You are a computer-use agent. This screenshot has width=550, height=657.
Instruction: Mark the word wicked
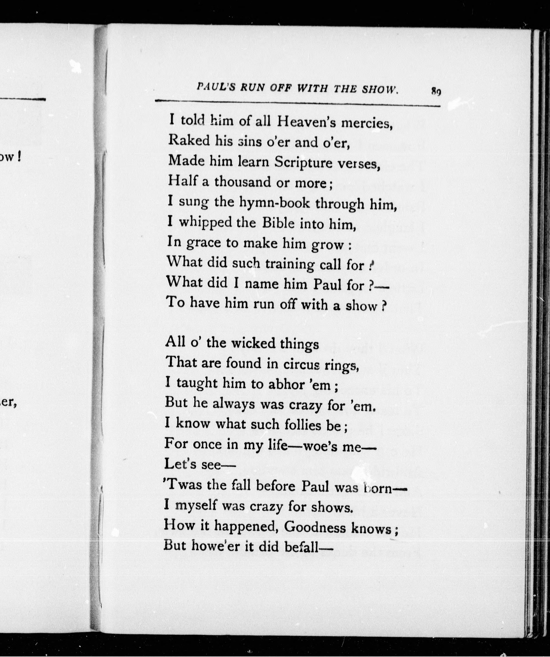(x=253, y=343)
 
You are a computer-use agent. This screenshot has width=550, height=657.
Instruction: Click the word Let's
(x=180, y=464)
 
